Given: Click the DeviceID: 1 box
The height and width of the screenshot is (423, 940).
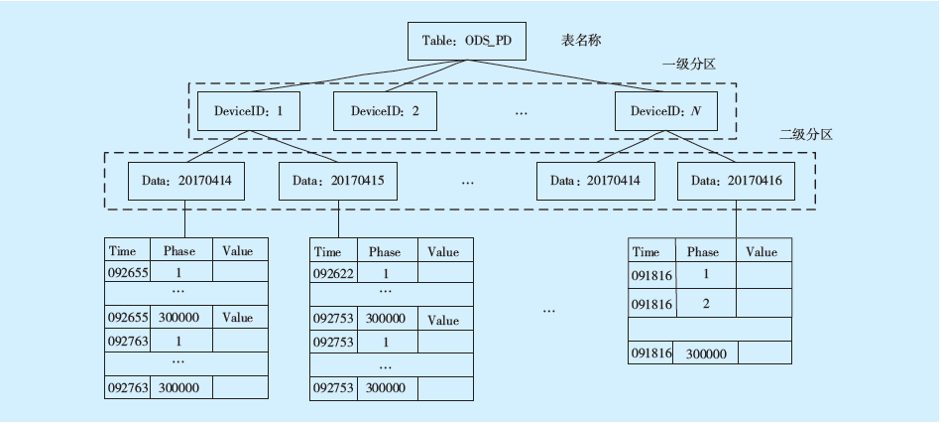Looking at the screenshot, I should pos(249,111).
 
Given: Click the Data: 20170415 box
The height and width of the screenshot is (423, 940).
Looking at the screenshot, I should pos(338,181).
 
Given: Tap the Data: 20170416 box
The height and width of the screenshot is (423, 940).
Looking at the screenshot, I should pos(736,181).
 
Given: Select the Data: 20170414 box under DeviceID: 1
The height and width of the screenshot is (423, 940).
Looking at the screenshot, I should pos(186,181).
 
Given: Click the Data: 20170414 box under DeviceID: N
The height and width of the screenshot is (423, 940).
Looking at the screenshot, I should pos(595,181).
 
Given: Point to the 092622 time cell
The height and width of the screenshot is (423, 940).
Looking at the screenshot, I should pos(332,273).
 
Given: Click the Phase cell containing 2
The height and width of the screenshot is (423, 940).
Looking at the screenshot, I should pos(705,303).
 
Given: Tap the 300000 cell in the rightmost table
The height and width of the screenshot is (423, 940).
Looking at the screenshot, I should pos(706,353).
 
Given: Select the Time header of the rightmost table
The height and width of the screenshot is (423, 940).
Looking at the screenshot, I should pos(646,252).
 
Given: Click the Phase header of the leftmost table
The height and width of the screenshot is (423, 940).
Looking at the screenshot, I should pos(179,251).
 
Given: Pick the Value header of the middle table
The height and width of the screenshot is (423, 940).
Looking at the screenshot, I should pos(443,251).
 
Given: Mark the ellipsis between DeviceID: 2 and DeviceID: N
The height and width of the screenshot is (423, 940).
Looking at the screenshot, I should pos(523,112).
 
